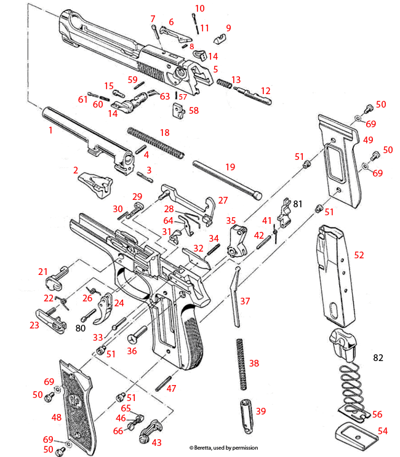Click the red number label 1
click(x=50, y=130)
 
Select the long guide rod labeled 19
click(x=225, y=178)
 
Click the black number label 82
click(x=378, y=357)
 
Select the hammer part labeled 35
click(x=236, y=242)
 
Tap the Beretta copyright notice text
click(x=223, y=448)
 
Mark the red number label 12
click(x=265, y=90)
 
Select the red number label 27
click(x=223, y=201)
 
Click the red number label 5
click(x=215, y=69)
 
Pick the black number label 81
click(x=297, y=203)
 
